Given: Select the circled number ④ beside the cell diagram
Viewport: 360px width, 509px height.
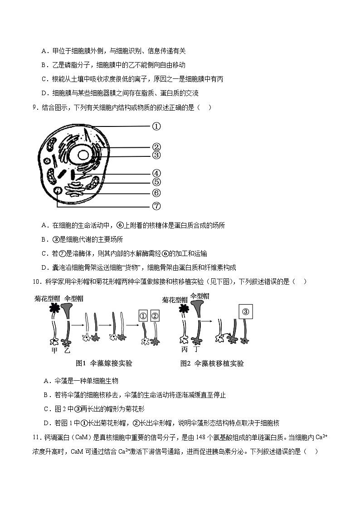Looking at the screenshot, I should [156, 173].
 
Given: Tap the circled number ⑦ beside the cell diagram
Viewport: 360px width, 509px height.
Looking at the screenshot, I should [156, 206].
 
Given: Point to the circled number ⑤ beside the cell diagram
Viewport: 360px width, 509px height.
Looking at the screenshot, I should [156, 182].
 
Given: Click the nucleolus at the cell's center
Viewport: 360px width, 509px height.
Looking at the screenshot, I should [83, 155].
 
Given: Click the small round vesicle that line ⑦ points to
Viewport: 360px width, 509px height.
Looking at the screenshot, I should [58, 191].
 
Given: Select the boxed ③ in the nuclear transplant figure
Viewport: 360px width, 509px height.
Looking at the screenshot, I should [246, 311].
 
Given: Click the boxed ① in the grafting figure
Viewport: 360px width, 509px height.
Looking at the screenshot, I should [143, 316].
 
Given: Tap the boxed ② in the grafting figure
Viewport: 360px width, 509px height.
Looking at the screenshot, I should [155, 316].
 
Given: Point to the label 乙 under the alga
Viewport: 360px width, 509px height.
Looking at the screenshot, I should [68, 350].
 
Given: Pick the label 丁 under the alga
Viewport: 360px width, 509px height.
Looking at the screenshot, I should [196, 349].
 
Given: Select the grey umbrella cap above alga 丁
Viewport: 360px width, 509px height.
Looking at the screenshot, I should [198, 308].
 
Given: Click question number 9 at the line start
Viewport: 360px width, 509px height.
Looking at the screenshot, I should [34, 107].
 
